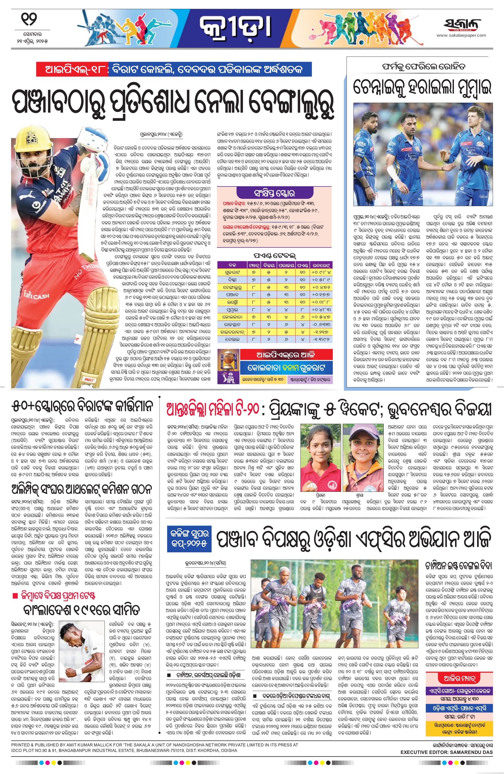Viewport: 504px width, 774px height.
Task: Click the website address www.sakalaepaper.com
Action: (x=461, y=35)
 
